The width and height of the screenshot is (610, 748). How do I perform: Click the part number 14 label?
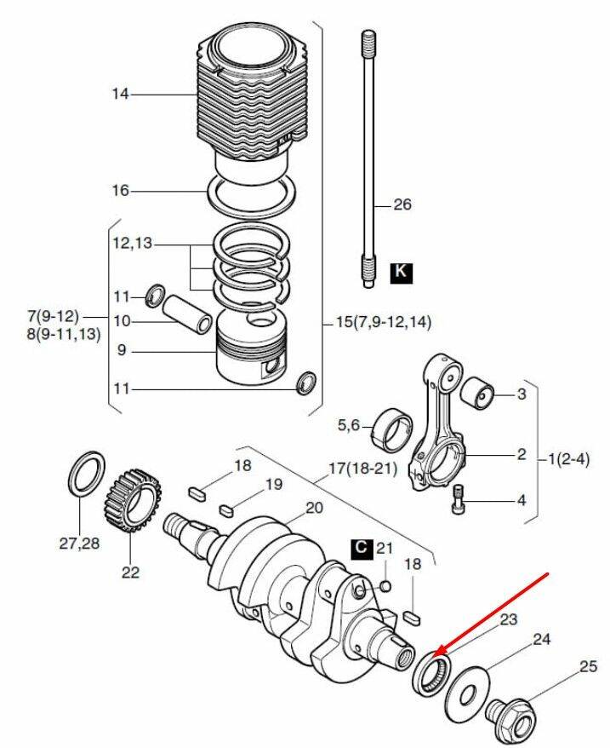(x=120, y=94)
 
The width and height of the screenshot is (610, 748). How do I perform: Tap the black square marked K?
(x=401, y=273)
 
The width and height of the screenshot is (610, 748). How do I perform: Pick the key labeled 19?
(x=225, y=509)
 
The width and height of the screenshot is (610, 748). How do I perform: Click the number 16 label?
(x=120, y=190)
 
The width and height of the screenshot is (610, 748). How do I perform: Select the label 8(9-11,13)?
(x=64, y=334)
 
